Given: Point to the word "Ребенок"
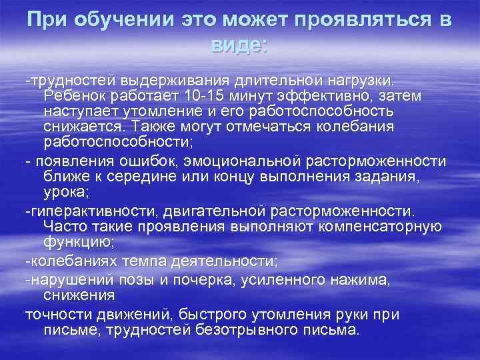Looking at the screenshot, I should click(x=71, y=96).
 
